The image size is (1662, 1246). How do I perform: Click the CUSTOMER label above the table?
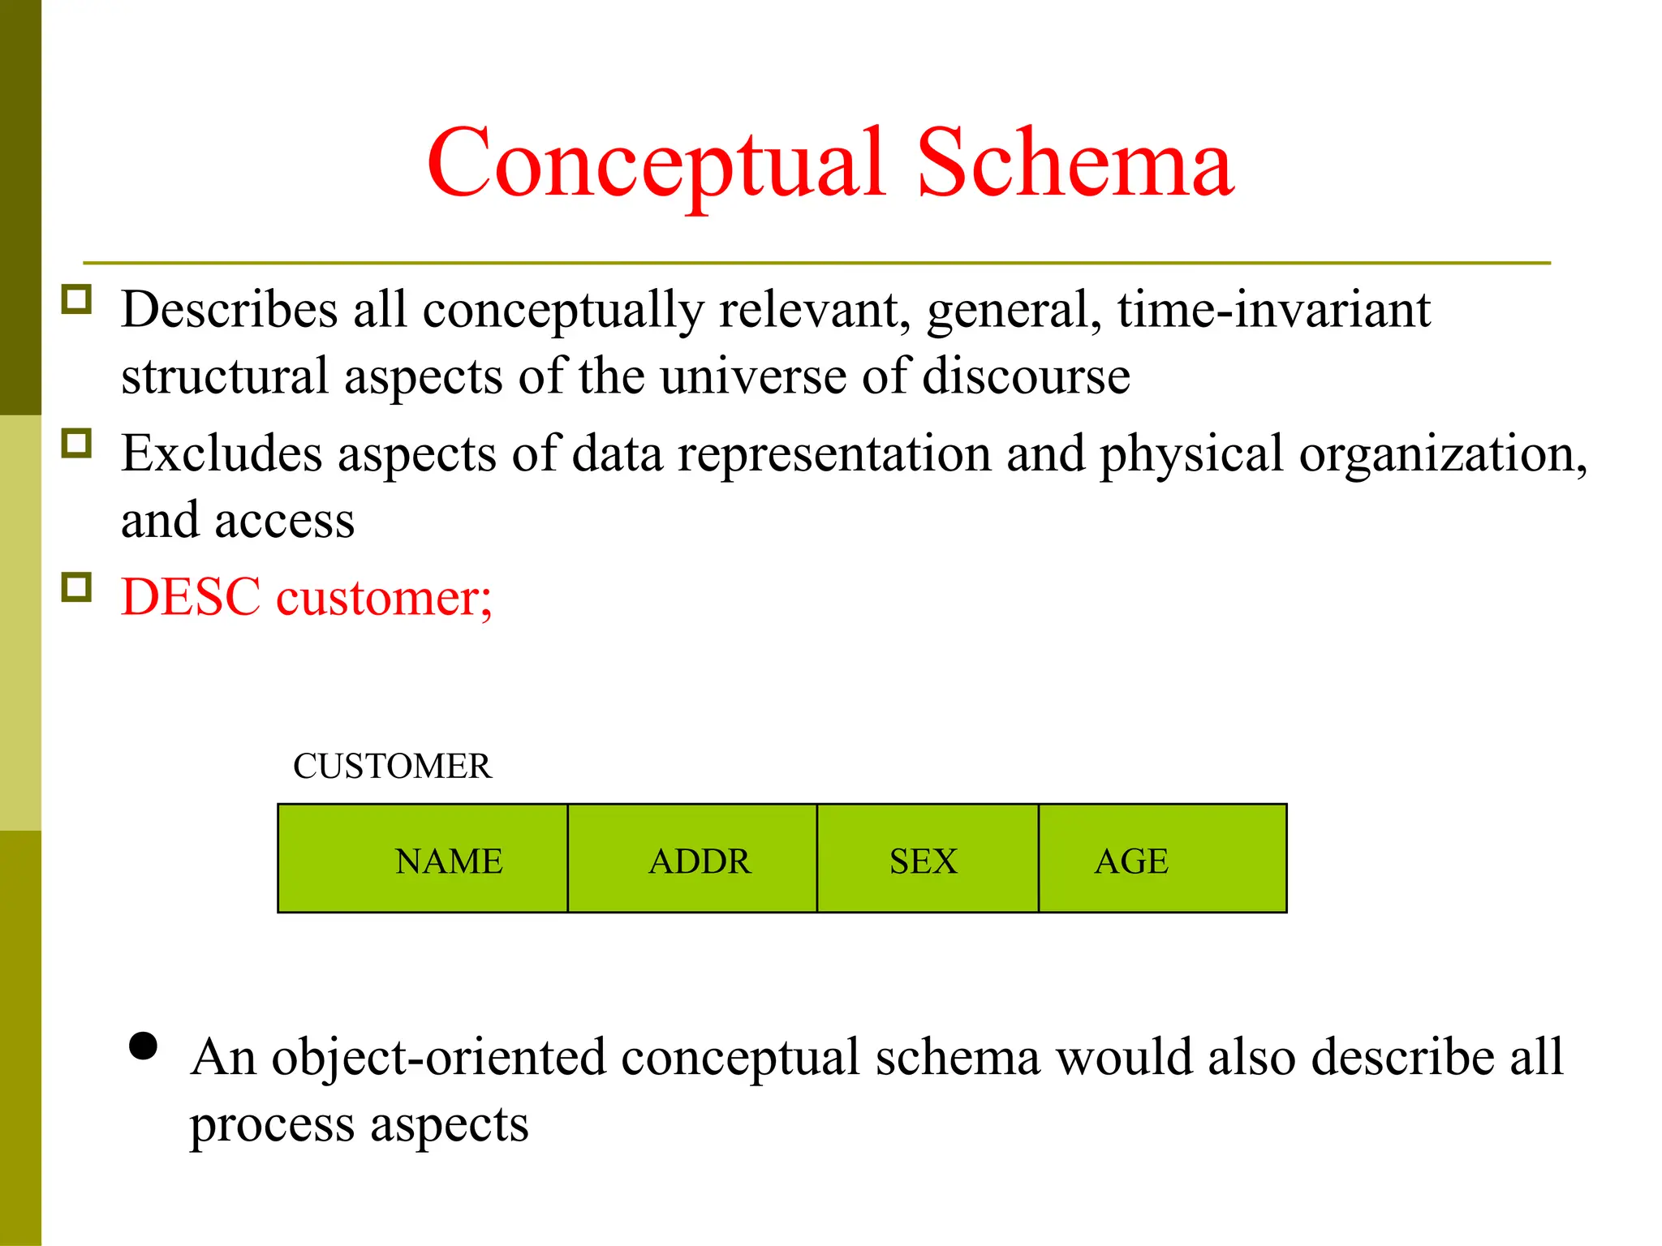(x=392, y=766)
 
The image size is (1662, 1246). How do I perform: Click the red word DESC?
(x=191, y=597)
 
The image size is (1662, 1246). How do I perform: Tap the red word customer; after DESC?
(x=384, y=599)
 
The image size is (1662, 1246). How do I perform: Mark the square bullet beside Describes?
(x=77, y=300)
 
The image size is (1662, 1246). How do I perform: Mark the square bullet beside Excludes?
(x=77, y=444)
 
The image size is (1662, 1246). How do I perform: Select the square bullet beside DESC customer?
(x=77, y=587)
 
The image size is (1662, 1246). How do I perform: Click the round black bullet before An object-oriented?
(x=143, y=1046)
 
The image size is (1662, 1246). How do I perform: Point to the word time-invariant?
(x=1273, y=310)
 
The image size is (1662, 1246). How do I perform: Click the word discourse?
(x=1026, y=376)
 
